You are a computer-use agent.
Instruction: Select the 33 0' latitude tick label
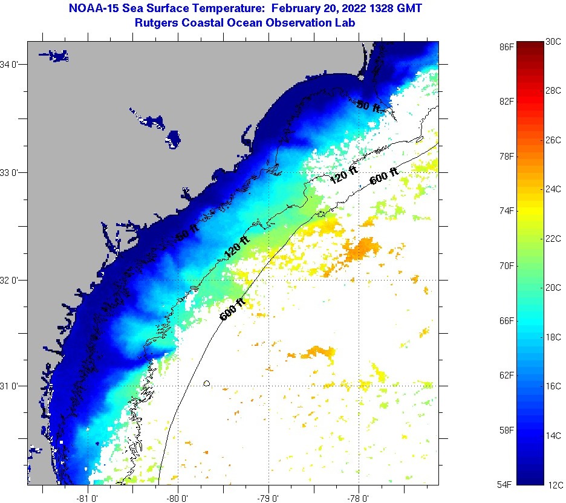[x=10, y=172]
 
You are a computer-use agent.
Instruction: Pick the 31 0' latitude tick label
[x=10, y=386]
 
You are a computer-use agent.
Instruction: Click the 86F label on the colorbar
[x=507, y=46]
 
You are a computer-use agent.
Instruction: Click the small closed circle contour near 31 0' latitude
[x=207, y=383]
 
